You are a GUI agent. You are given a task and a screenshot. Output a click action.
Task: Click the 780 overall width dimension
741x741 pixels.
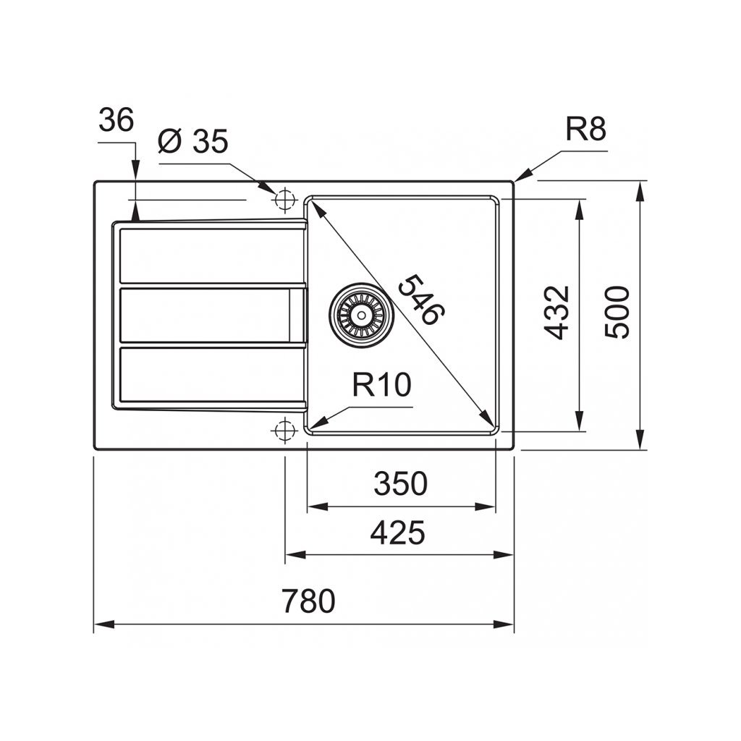pos(308,601)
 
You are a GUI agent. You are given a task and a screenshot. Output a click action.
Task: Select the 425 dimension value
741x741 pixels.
pos(397,533)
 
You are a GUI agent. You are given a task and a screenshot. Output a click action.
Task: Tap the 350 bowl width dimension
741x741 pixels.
pos(400,483)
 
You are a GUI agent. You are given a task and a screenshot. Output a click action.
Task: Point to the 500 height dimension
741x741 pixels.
pos(618,313)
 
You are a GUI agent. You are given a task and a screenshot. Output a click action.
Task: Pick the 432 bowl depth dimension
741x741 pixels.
pos(558,313)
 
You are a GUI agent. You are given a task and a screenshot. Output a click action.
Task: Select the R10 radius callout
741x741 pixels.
pos(381,386)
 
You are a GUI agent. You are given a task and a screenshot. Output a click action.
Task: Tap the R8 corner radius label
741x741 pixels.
pos(585,130)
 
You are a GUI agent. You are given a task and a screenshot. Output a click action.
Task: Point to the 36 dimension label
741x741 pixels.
pos(116,120)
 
